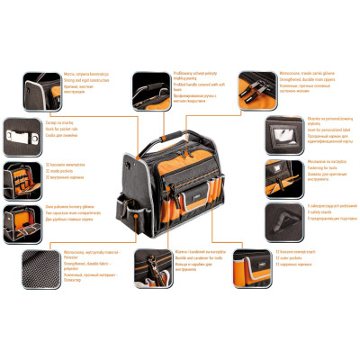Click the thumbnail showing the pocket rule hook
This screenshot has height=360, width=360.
coord(19,133)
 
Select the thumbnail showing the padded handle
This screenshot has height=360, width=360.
coord(149,88)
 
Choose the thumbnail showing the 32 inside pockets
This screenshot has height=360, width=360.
coord(19,174)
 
